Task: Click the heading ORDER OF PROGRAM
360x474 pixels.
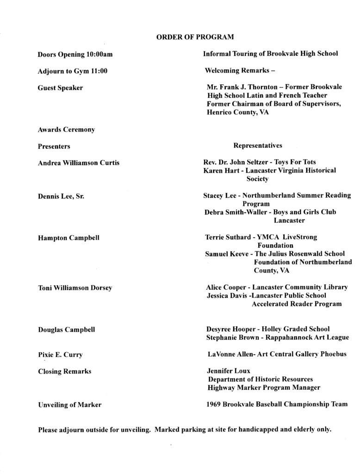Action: (x=191, y=36)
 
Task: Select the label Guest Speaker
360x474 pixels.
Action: (x=60, y=87)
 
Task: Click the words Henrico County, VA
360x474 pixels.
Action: (x=238, y=112)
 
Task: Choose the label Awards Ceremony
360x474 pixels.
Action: (x=66, y=130)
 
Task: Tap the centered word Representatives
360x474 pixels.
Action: (x=258, y=146)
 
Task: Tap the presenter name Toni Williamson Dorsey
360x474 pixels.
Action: (x=75, y=287)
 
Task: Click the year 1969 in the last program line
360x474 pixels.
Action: (x=215, y=404)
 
